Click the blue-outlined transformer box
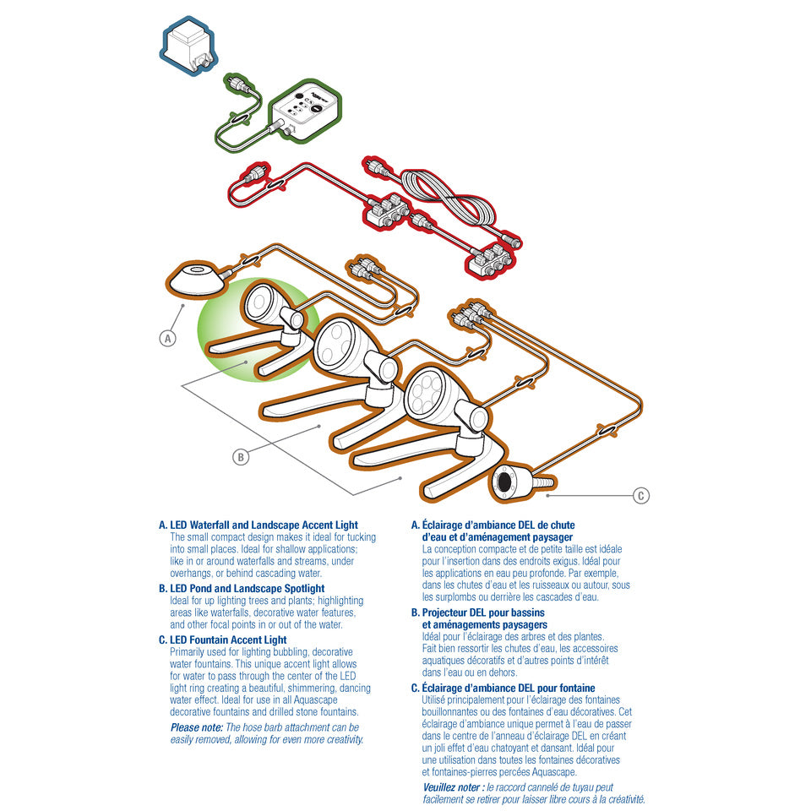point(188,46)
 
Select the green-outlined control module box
point(305,110)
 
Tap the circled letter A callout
point(167,339)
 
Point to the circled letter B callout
point(241,457)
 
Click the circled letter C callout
point(641,496)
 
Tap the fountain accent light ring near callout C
point(503,483)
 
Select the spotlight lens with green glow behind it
point(261,302)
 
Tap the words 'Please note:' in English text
point(197,727)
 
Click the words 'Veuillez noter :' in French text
point(454,787)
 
